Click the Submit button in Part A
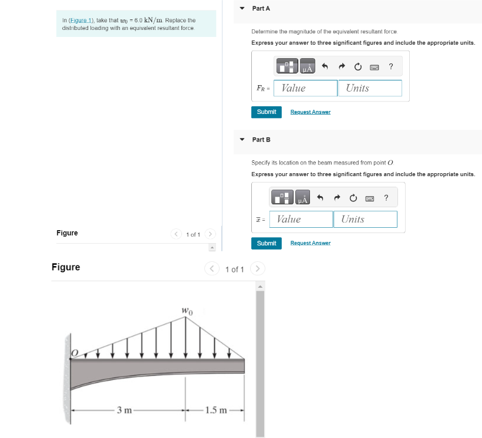pyautogui.click(x=267, y=112)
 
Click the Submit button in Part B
pyautogui.click(x=267, y=243)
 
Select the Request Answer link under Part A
pyautogui.click(x=310, y=112)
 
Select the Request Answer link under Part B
pyautogui.click(x=310, y=243)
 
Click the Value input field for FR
pyautogui.click(x=305, y=88)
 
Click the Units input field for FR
pyautogui.click(x=369, y=88)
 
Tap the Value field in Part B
pyautogui.click(x=301, y=219)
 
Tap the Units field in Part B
pyautogui.click(x=365, y=219)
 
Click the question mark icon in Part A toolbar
pyautogui.click(x=391, y=66)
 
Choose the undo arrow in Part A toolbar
pyautogui.click(x=323, y=66)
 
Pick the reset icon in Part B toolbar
pyautogui.click(x=353, y=197)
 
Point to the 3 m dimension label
pyautogui.click(x=124, y=410)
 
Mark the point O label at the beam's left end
pyautogui.click(x=75, y=352)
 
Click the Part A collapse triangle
pyautogui.click(x=241, y=8)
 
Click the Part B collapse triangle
pyautogui.click(x=241, y=140)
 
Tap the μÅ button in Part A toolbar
pyautogui.click(x=307, y=66)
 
